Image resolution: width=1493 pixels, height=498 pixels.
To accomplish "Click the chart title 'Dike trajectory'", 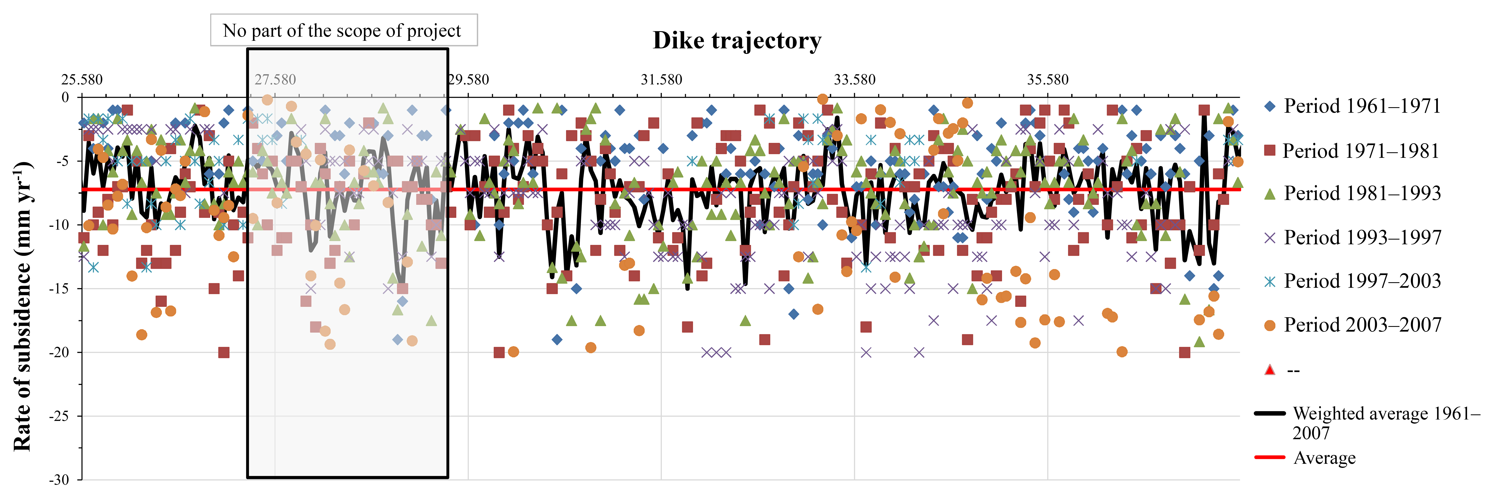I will [737, 41].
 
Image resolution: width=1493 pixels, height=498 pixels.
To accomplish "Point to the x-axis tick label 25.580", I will [82, 80].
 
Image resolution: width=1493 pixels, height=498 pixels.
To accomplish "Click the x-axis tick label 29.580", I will [468, 80].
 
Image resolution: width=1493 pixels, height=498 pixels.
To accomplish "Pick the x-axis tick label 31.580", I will [661, 80].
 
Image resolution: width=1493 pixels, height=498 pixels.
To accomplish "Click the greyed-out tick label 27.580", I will [275, 80].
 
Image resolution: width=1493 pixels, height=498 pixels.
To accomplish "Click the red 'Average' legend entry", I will [1324, 458].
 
